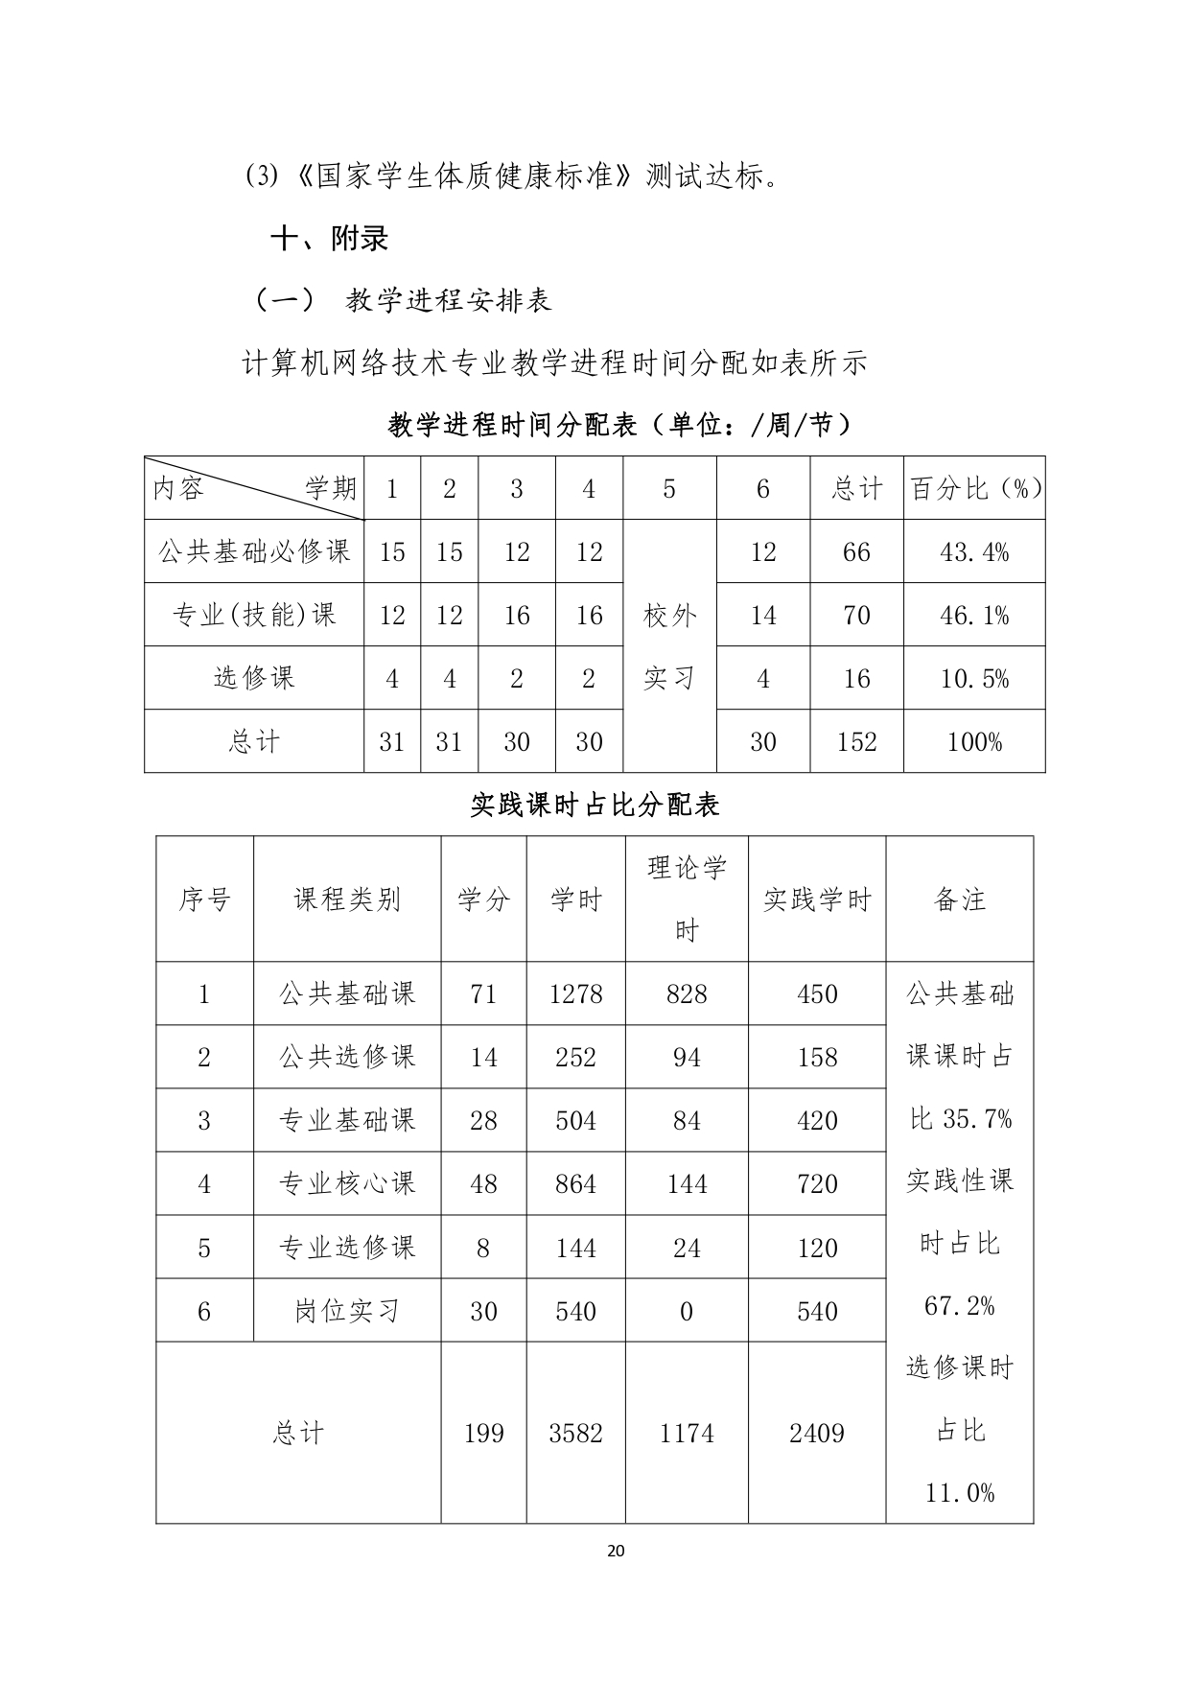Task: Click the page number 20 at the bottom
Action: tap(616, 1551)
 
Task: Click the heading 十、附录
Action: tap(330, 239)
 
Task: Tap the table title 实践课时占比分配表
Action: tap(595, 805)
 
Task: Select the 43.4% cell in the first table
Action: tap(973, 552)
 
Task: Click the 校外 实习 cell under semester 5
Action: tap(669, 646)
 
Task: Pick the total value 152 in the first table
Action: tap(856, 742)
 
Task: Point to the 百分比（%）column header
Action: tap(975, 489)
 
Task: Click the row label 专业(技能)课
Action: tap(254, 615)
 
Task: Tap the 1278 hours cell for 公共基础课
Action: tap(575, 994)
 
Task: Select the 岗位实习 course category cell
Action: tap(347, 1311)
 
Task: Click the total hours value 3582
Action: tap(575, 1434)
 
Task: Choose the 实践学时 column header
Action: tap(817, 899)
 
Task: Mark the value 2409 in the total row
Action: tap(817, 1434)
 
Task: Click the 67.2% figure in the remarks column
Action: tap(959, 1306)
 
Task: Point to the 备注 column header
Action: tap(959, 899)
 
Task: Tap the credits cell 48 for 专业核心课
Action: tap(483, 1184)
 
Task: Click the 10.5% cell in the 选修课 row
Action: tap(973, 679)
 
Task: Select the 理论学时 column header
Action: tap(687, 899)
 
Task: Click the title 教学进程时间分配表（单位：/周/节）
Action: tap(619, 425)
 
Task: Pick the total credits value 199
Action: tap(483, 1434)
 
